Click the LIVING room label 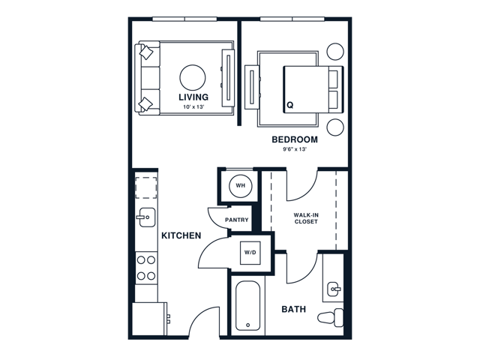pyautogui.click(x=193, y=97)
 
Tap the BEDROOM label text pyautogui.click(x=295, y=139)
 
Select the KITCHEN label pyautogui.click(x=181, y=235)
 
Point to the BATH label pyautogui.click(x=293, y=310)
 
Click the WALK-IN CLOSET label pyautogui.click(x=306, y=218)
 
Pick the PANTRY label pyautogui.click(x=237, y=220)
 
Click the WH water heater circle pyautogui.click(x=241, y=185)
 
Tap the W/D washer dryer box pyautogui.click(x=250, y=253)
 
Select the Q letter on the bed pyautogui.click(x=290, y=105)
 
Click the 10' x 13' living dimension pyautogui.click(x=193, y=107)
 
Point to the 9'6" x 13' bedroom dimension pyautogui.click(x=295, y=150)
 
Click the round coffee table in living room pyautogui.click(x=193, y=78)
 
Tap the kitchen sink pyautogui.click(x=146, y=217)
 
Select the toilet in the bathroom pyautogui.click(x=330, y=317)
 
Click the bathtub pyautogui.click(x=248, y=306)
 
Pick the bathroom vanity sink pyautogui.click(x=334, y=289)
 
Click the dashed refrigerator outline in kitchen pyautogui.click(x=146, y=187)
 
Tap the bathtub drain pyautogui.click(x=248, y=325)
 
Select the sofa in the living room pyautogui.click(x=148, y=78)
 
